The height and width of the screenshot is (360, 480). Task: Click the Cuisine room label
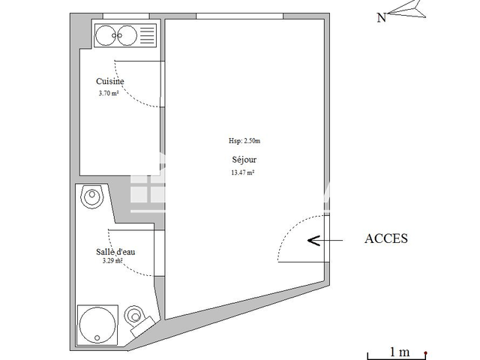[109, 82]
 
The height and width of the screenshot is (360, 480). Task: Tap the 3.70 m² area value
[109, 94]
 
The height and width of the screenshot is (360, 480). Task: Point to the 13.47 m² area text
[241, 172]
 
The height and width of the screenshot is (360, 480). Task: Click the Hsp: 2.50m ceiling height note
[244, 140]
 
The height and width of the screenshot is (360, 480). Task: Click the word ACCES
[385, 239]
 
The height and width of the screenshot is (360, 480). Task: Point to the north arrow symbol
[405, 10]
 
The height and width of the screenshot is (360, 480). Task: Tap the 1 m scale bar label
[399, 351]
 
